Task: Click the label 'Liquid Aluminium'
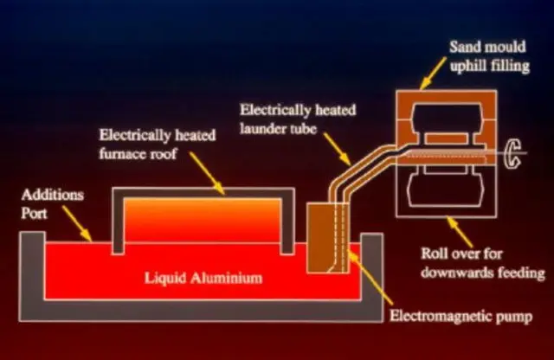coord(203,279)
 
